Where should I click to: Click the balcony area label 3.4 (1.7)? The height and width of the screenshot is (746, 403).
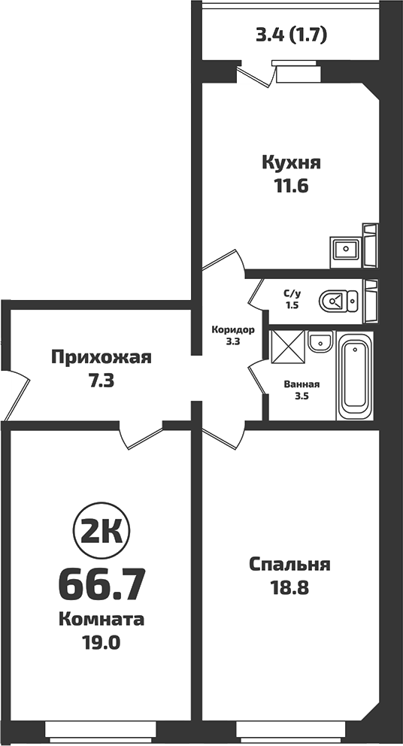pyautogui.click(x=292, y=34)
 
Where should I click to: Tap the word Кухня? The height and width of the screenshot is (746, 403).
pyautogui.click(x=292, y=162)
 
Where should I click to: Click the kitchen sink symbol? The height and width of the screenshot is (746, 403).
pyautogui.click(x=347, y=248)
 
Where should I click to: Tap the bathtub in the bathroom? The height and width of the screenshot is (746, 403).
pyautogui.click(x=355, y=378)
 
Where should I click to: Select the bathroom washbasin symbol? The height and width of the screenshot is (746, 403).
pyautogui.click(x=320, y=341)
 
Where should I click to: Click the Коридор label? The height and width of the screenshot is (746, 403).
pyautogui.click(x=233, y=330)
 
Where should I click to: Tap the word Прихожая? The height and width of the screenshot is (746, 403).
pyautogui.click(x=101, y=357)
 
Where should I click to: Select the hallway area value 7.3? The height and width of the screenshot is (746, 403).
pyautogui.click(x=101, y=381)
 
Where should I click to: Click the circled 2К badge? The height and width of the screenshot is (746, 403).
pyautogui.click(x=101, y=532)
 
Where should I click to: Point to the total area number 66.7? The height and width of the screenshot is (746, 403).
pyautogui.click(x=101, y=583)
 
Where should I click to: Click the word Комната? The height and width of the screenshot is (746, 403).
pyautogui.click(x=101, y=620)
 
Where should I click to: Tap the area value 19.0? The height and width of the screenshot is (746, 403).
pyautogui.click(x=101, y=643)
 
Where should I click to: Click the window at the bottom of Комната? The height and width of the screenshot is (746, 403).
pyautogui.click(x=100, y=729)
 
